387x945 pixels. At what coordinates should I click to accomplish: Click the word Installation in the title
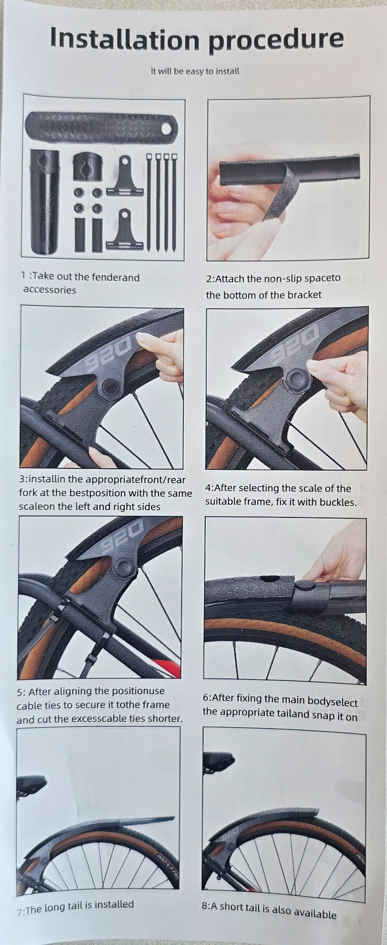click(x=124, y=38)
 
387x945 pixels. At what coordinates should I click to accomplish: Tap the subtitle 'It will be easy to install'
click(x=195, y=71)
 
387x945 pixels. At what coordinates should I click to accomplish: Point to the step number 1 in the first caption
click(x=23, y=277)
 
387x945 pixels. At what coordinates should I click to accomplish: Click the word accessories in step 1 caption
click(x=50, y=290)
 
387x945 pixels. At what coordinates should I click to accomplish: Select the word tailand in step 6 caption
click(x=301, y=713)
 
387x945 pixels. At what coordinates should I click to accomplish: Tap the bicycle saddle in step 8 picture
click(x=217, y=762)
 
